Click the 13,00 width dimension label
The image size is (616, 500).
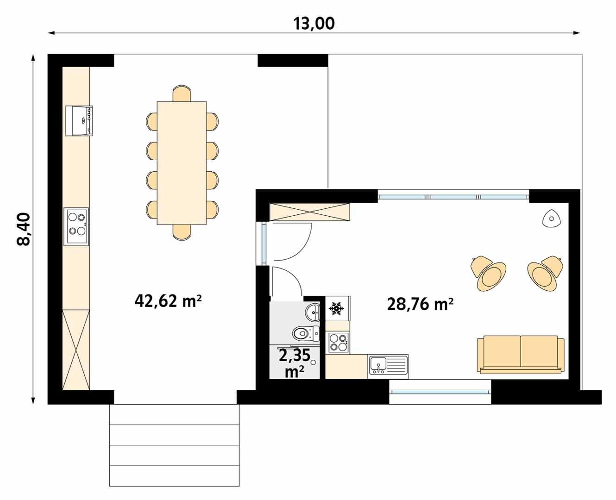point(314,23)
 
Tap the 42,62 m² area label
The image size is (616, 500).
point(168,301)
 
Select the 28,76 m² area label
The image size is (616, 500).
point(420,304)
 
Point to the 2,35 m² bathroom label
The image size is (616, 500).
point(294,363)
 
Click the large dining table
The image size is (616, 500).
point(182,163)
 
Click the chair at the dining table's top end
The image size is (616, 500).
point(182,93)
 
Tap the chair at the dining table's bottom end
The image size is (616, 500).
point(182,232)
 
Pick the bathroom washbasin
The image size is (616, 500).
point(313,312)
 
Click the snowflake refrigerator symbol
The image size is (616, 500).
point(337,308)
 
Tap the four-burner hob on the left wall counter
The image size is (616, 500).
point(76,226)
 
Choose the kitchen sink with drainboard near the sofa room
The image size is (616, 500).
point(388,365)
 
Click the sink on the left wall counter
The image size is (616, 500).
point(79,120)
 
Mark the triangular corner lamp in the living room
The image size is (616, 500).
point(551,218)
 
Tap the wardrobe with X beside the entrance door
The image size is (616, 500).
point(309,212)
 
